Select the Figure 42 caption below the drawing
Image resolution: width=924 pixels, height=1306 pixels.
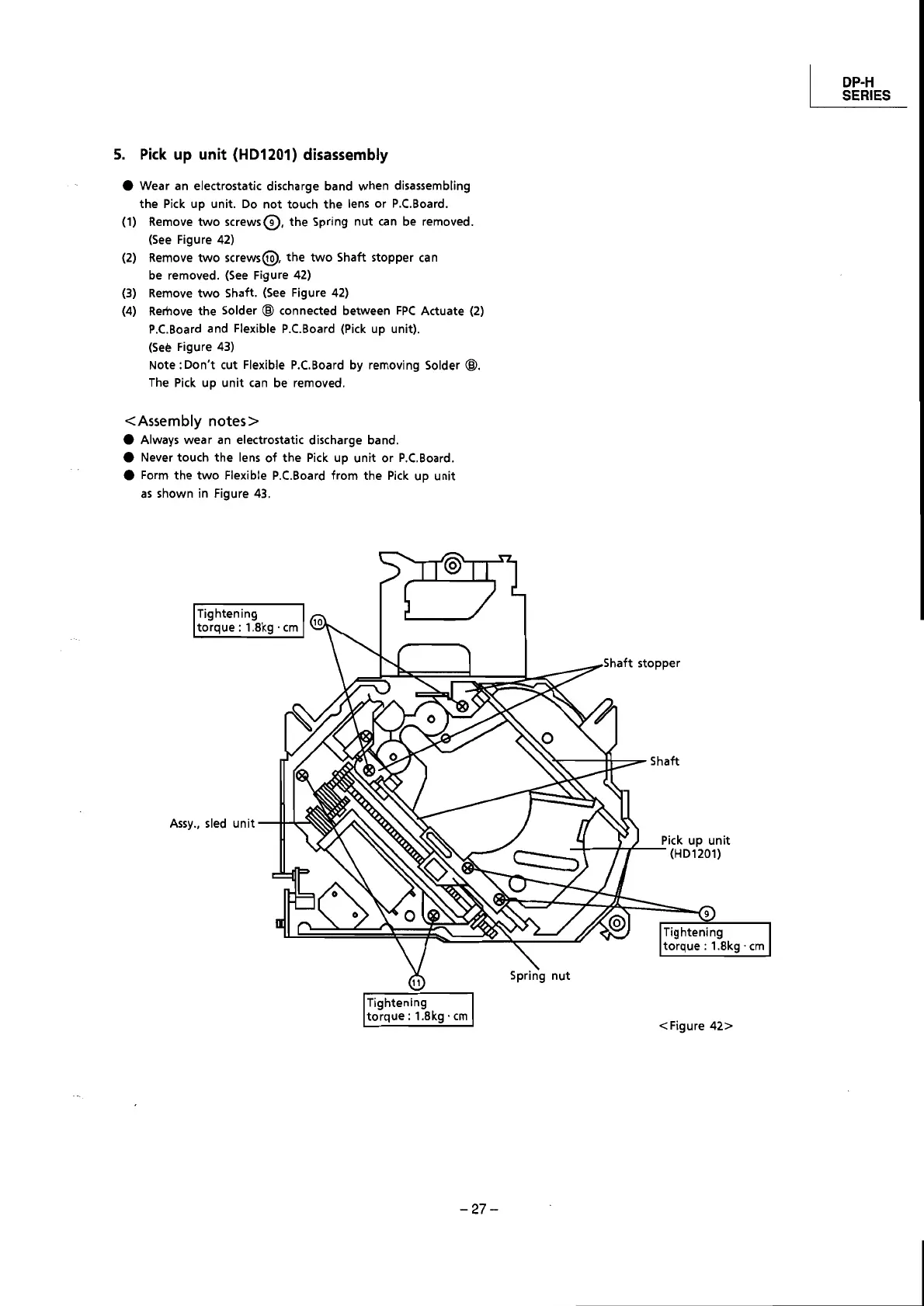tap(696, 1026)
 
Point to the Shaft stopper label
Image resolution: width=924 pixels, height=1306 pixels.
tap(641, 663)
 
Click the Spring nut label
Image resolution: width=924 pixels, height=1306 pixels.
tap(540, 975)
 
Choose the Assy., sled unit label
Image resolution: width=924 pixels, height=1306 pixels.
tap(212, 823)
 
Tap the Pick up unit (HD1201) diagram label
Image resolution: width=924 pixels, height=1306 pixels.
tap(695, 847)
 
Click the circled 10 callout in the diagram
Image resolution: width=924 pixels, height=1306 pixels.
tap(318, 621)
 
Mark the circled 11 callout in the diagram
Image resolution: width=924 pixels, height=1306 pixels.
tap(416, 982)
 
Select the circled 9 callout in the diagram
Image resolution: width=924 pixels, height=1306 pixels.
tap(707, 912)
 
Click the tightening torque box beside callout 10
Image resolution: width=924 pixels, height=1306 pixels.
tap(248, 620)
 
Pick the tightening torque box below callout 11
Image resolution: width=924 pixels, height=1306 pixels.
tap(419, 1009)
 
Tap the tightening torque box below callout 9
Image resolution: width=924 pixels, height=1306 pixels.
tap(714, 939)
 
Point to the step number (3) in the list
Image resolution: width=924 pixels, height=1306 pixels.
tap(130, 293)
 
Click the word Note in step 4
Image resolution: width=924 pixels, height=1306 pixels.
tap(162, 365)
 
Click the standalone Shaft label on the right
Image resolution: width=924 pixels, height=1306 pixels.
tap(664, 762)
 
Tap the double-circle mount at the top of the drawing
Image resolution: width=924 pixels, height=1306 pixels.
tap(452, 564)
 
